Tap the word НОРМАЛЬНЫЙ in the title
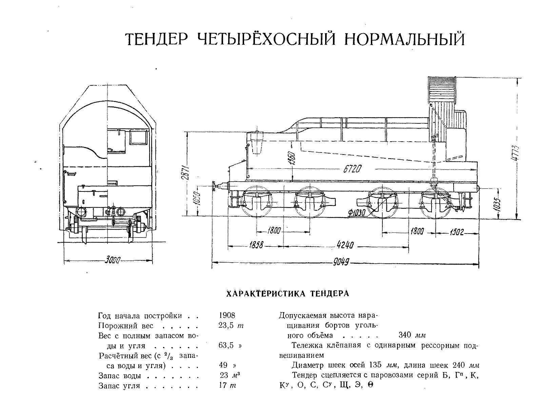pos(404,40)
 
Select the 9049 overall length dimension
pos(341,262)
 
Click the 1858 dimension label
pos(256,245)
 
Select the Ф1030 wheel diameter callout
pos(356,212)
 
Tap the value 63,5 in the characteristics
pos(227,346)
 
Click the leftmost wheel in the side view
pos(257,202)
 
